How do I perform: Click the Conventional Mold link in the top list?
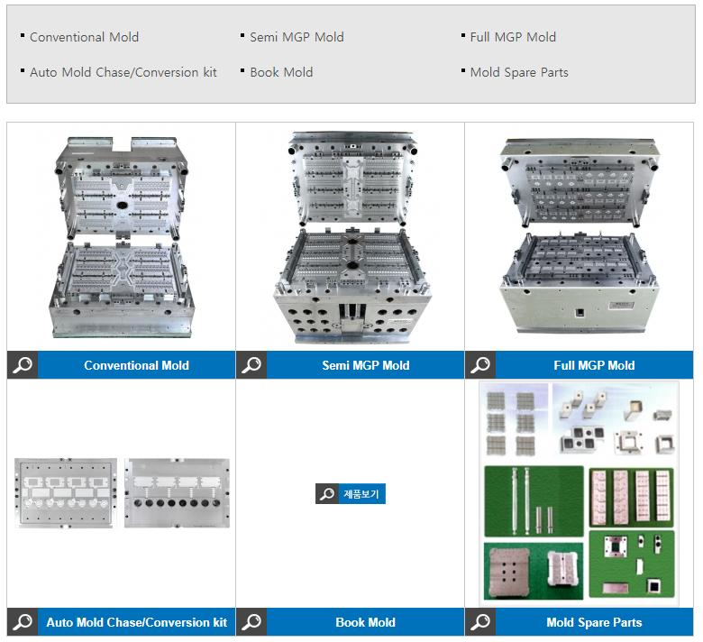pos(85,37)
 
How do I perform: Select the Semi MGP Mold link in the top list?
pos(297,37)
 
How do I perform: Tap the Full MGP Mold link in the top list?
pos(513,37)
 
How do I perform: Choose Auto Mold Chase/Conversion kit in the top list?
pos(123,72)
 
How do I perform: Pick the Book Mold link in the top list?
pos(281,72)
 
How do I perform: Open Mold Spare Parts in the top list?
pos(519,72)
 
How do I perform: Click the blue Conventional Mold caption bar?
pos(137,365)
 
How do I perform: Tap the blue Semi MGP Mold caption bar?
pos(365,365)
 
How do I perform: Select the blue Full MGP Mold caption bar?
pos(594,365)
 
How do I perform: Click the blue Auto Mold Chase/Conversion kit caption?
pos(137,622)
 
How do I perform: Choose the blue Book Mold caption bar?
pos(365,622)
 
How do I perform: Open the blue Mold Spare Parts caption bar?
pos(594,622)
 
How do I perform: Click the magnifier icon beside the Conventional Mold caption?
pos(23,365)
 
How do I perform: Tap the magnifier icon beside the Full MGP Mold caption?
pos(480,365)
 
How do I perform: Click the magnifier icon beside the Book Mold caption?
pos(251,622)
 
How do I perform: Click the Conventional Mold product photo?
pos(122,237)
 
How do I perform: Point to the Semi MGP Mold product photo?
pos(352,238)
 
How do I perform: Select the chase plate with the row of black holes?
pos(177,492)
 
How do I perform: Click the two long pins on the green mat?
pos(520,500)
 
